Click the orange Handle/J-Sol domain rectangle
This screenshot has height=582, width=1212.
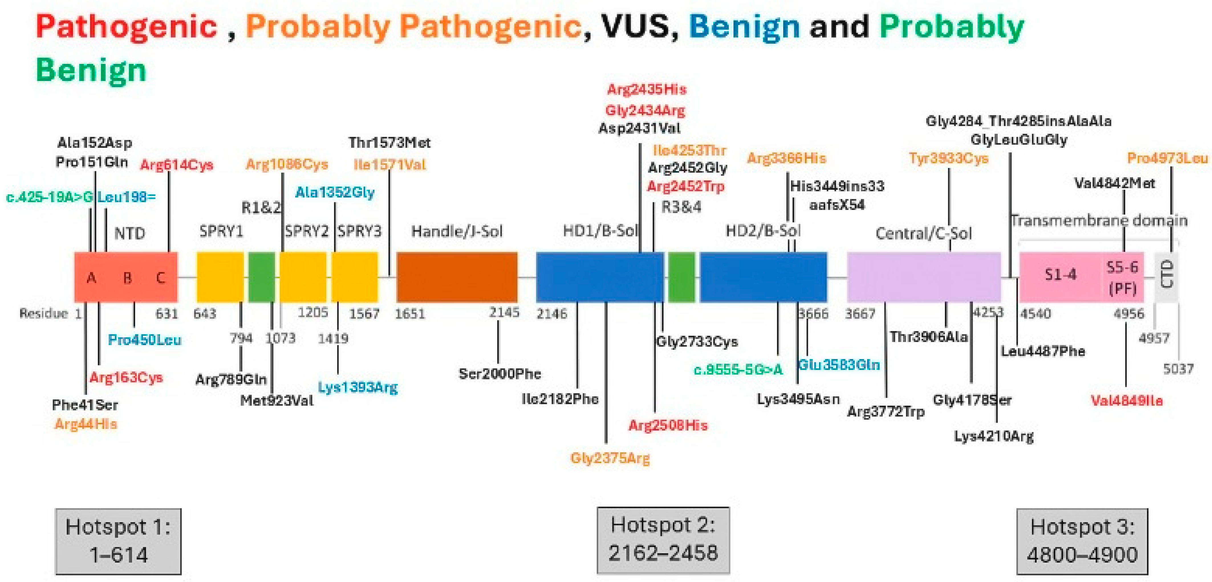click(x=457, y=277)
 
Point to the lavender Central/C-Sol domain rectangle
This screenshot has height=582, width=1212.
click(x=923, y=277)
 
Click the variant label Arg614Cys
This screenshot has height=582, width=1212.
click(x=176, y=165)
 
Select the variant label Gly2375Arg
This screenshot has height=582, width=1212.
click(x=610, y=458)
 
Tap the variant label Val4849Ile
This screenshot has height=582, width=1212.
click(x=1126, y=401)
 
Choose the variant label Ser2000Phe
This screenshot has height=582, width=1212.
click(x=500, y=374)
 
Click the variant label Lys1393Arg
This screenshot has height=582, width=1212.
click(x=358, y=387)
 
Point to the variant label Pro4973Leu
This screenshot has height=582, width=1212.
click(x=1167, y=158)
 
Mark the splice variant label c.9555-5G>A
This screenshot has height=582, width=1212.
click(x=738, y=370)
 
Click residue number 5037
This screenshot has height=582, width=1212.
click(x=1178, y=368)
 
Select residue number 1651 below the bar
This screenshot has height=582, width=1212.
click(x=410, y=314)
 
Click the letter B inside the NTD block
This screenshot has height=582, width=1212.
click(x=127, y=278)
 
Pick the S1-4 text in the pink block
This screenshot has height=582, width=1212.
click(x=1061, y=274)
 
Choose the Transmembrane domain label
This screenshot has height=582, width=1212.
click(x=1099, y=220)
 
